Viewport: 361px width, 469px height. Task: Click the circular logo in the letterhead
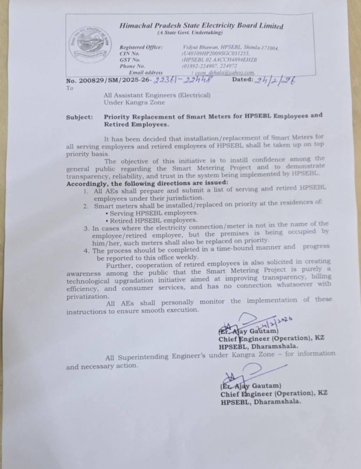click(89, 40)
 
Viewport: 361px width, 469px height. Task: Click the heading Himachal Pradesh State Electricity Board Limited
click(201, 26)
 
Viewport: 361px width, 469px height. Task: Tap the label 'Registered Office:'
click(141, 47)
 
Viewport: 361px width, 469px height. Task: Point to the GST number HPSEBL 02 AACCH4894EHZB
click(219, 59)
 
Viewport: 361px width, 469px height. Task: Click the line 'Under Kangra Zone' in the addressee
click(134, 102)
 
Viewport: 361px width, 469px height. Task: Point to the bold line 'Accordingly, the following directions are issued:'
click(147, 184)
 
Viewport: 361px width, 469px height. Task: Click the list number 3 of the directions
click(86, 228)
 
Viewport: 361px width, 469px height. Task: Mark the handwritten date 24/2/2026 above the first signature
click(276, 322)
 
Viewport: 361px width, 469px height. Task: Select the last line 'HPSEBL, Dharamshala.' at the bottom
click(260, 401)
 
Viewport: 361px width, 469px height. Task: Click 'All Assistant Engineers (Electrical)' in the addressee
click(157, 95)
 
